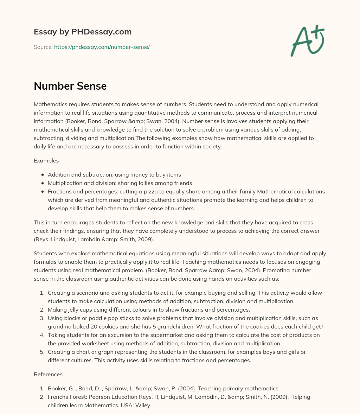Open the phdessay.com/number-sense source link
click(102, 47)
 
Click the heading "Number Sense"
click(70, 86)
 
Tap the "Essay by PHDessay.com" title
click(83, 32)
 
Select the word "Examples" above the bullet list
click(46, 161)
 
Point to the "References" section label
click(48, 375)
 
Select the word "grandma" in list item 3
click(58, 327)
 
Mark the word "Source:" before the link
click(43, 47)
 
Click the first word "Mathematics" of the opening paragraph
click(50, 104)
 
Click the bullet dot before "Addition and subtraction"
click(43, 175)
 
